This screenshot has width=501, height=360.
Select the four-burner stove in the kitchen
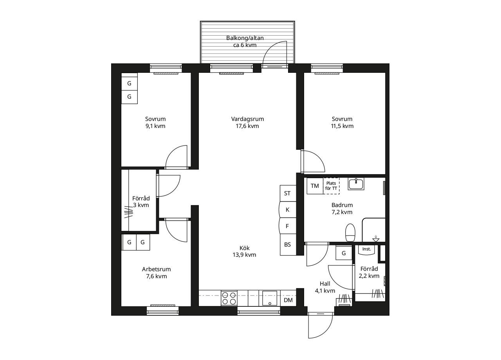(229, 298)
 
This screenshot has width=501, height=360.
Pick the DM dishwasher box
(288, 300)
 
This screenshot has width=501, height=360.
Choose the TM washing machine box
(315, 186)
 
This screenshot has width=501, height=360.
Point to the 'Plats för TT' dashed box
(331, 186)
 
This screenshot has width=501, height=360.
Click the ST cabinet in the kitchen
(287, 193)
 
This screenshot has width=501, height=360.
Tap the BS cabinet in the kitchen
(287, 245)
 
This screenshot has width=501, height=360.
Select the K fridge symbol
(287, 210)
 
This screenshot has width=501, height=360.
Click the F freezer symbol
(287, 226)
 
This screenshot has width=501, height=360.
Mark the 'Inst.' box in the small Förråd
(367, 249)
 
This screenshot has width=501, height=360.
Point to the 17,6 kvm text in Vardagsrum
(247, 126)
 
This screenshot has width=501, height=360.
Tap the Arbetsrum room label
(156, 269)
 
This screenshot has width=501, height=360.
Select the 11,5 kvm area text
(342, 126)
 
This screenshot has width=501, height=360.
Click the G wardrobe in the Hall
(344, 253)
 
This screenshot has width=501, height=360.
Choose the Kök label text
(245, 248)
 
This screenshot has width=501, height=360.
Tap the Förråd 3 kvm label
(141, 202)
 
